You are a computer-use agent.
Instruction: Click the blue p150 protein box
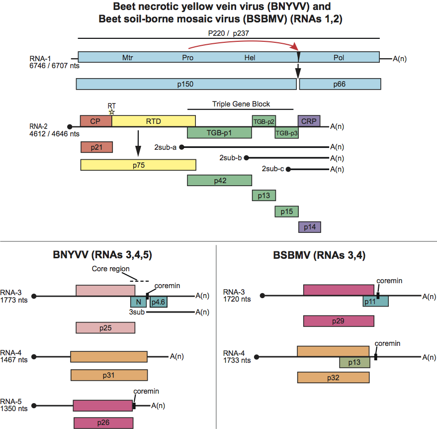click(x=186, y=84)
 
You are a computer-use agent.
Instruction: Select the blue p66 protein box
click(x=340, y=84)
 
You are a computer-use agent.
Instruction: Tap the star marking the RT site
click(x=112, y=111)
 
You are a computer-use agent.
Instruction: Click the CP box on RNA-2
click(x=95, y=120)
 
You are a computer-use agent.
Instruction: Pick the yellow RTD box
click(x=153, y=120)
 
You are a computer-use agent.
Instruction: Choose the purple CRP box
click(x=309, y=120)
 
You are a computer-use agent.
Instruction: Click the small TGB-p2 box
click(x=263, y=121)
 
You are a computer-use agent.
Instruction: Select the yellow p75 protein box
click(x=138, y=165)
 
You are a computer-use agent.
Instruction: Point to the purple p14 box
click(x=309, y=227)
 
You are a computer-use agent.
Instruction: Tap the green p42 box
click(x=219, y=181)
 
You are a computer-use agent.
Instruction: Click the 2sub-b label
click(x=230, y=158)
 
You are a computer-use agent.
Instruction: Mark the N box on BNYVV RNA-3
click(x=139, y=302)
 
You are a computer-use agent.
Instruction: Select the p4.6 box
click(x=158, y=302)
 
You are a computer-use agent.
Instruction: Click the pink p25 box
click(x=105, y=328)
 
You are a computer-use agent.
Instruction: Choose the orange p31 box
click(x=109, y=375)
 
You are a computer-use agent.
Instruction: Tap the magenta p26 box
click(x=103, y=423)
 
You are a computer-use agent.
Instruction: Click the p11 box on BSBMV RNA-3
click(x=375, y=302)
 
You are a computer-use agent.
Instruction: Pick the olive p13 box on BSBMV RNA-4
click(x=354, y=362)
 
